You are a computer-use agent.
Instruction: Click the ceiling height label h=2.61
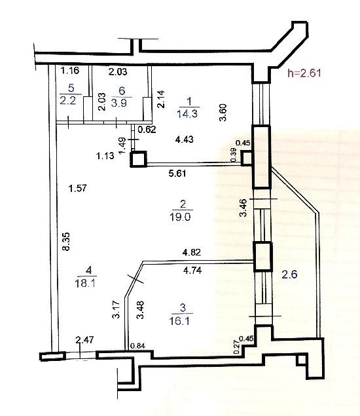click(304, 73)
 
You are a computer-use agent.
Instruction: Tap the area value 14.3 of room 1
click(188, 113)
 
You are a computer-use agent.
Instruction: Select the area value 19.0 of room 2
click(180, 217)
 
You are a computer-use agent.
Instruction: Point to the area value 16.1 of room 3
click(179, 321)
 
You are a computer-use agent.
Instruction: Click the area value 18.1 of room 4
click(85, 284)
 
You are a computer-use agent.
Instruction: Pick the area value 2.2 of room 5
click(68, 101)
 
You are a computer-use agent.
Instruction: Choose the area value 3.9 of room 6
click(119, 103)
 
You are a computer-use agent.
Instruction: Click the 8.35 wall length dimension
click(65, 241)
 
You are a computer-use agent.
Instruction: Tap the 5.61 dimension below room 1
click(177, 173)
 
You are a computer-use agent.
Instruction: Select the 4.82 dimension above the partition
click(192, 252)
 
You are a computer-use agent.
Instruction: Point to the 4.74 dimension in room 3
click(192, 271)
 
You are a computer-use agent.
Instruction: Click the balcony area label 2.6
click(289, 274)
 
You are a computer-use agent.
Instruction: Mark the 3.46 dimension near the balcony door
click(243, 208)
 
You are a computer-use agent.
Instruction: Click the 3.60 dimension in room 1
click(223, 113)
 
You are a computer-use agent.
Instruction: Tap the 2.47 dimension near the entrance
click(84, 340)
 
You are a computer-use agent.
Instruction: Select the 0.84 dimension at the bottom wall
click(137, 346)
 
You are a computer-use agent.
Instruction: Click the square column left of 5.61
click(138, 159)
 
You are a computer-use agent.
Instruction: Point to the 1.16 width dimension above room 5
click(70, 70)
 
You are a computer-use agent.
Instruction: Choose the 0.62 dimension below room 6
click(147, 130)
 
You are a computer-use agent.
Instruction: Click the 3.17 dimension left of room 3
click(117, 309)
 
